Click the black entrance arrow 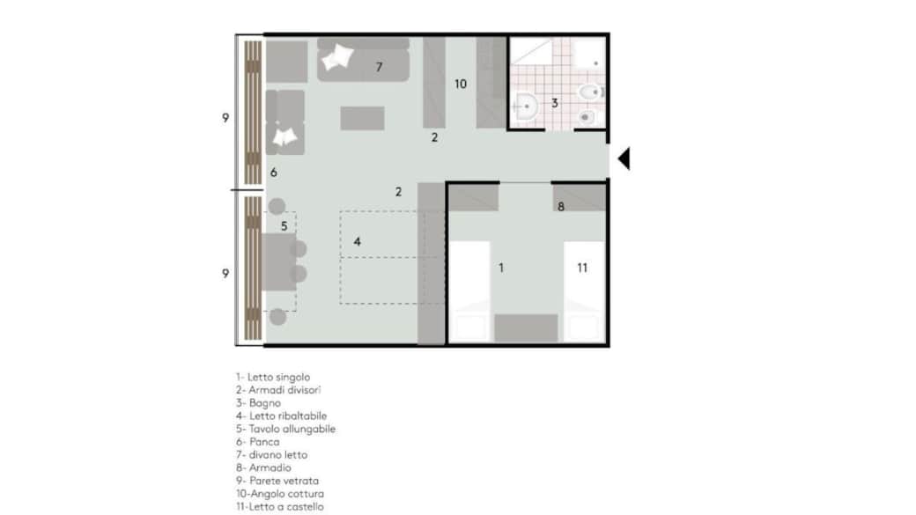[624, 158]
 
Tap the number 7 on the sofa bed [379, 67]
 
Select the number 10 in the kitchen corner [461, 85]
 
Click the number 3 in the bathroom [554, 103]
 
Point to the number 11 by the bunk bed [582, 268]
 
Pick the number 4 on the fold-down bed [357, 242]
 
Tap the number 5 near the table [284, 226]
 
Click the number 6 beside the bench [273, 173]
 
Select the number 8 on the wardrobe [561, 207]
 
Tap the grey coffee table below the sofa [362, 118]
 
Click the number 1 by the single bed [500, 268]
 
